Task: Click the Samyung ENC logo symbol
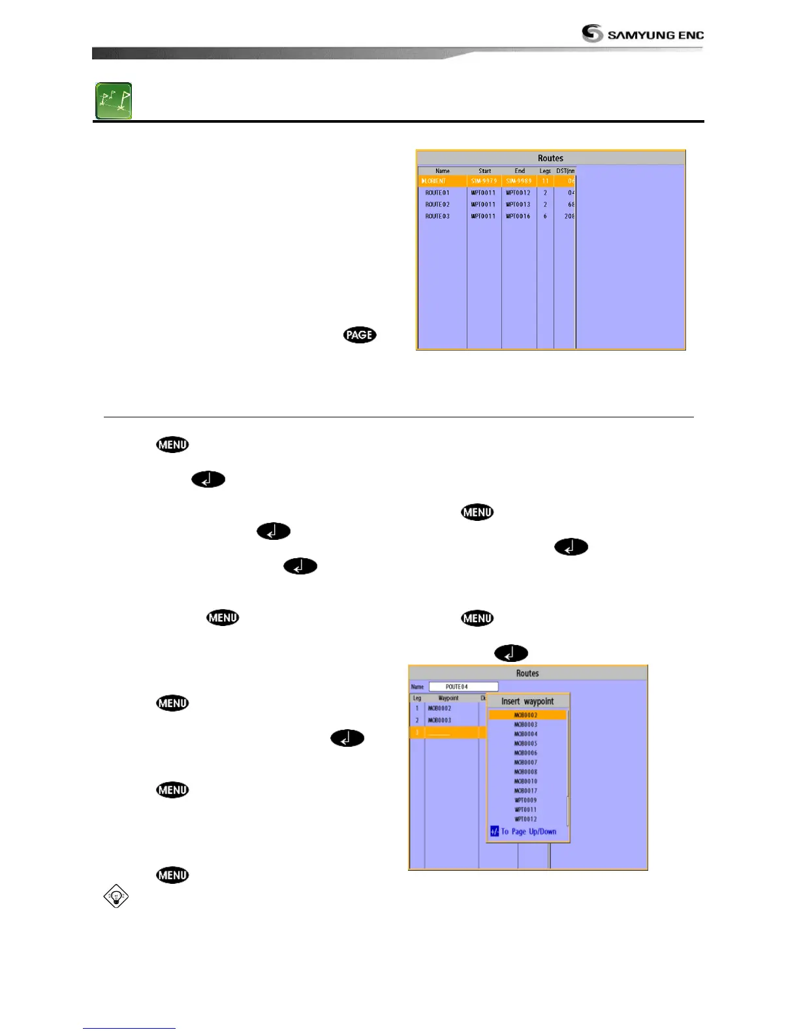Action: tap(592, 33)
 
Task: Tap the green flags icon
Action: tap(114, 101)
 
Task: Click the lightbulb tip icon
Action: tap(116, 896)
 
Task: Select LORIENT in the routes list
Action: tap(436, 181)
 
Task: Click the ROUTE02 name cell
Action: tap(437, 204)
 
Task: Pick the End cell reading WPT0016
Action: tap(518, 216)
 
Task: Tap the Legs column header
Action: tap(545, 171)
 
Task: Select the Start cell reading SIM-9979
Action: tap(484, 181)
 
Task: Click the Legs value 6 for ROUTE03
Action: tap(545, 216)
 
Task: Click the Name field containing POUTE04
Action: tap(463, 687)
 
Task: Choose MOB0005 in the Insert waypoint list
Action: tap(525, 744)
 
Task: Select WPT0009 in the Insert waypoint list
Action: tap(525, 800)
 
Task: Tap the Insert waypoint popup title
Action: tap(527, 702)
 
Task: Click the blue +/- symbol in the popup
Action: tap(494, 832)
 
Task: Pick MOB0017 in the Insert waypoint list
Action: tap(525, 791)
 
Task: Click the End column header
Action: tap(520, 171)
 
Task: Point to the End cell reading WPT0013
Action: tap(518, 204)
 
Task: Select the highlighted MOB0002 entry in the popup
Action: tap(525, 715)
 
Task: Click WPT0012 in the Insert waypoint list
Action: tap(525, 819)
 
